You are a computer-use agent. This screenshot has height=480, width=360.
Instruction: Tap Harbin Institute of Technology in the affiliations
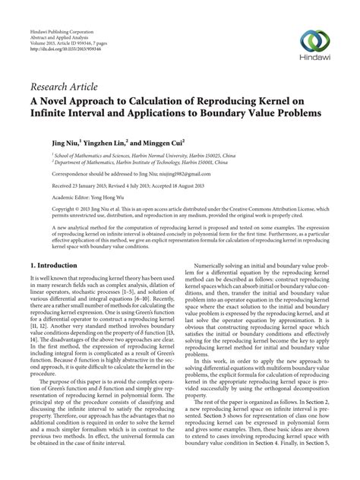tap(144, 160)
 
